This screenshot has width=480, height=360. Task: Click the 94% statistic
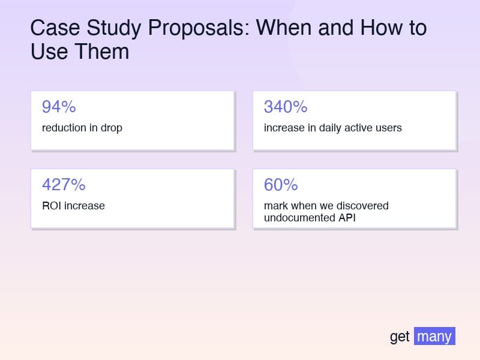(x=59, y=107)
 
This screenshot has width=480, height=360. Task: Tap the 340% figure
(x=286, y=107)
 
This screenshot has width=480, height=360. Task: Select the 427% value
(x=64, y=185)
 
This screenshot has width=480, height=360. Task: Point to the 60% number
(x=281, y=185)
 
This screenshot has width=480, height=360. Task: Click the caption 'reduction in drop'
(x=82, y=128)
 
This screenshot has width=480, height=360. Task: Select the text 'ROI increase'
(x=73, y=206)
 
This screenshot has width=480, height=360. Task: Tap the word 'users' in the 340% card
(x=388, y=128)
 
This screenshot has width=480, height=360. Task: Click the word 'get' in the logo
(x=400, y=337)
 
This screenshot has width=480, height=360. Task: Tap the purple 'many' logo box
(x=434, y=336)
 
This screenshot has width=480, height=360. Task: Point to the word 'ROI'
(x=52, y=206)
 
